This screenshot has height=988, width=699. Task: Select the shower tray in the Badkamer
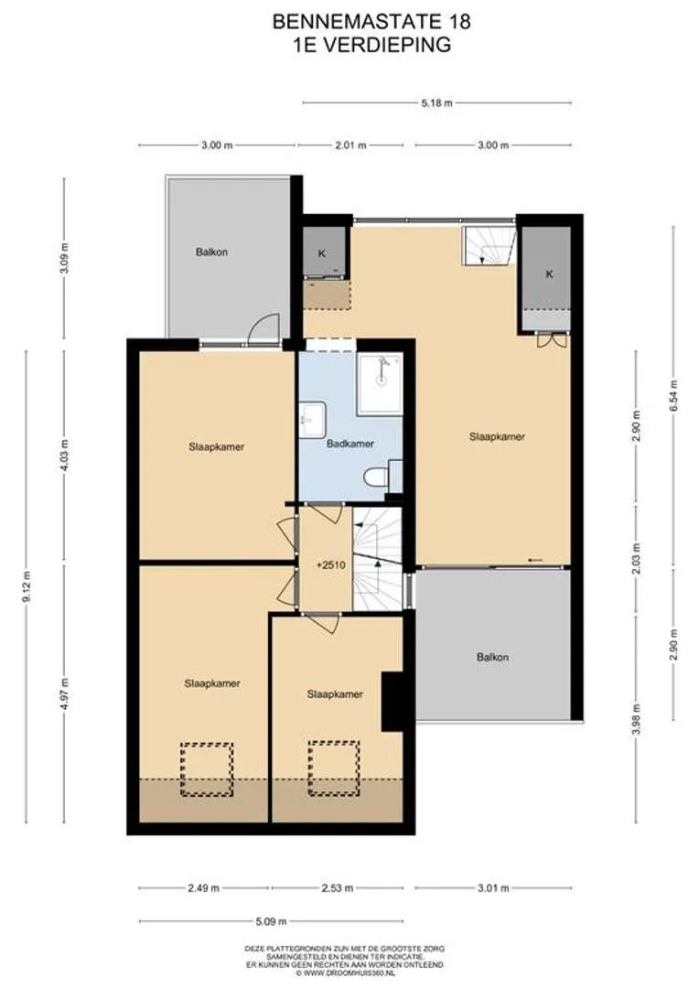pyautogui.click(x=380, y=384)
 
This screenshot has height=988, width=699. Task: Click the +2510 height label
pyautogui.click(x=331, y=565)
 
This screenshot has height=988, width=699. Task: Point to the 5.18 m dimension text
pyautogui.click(x=436, y=102)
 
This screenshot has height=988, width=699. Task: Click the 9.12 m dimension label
pyautogui.click(x=27, y=586)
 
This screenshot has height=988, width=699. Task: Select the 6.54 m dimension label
pyautogui.click(x=673, y=396)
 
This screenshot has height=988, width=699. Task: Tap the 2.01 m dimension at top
pyautogui.click(x=350, y=145)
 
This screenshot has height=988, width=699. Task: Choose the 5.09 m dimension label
pyautogui.click(x=271, y=921)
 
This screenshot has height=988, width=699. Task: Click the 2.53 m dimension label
pyautogui.click(x=337, y=888)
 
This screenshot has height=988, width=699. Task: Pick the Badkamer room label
pyautogui.click(x=350, y=444)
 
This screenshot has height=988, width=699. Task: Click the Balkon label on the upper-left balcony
pyautogui.click(x=211, y=252)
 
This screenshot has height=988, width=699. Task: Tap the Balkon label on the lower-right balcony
pyautogui.click(x=492, y=657)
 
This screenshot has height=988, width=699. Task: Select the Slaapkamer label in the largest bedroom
pyautogui.click(x=498, y=436)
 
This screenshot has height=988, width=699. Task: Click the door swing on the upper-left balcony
pyautogui.click(x=264, y=329)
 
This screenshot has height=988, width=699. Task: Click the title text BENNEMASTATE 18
pyautogui.click(x=371, y=22)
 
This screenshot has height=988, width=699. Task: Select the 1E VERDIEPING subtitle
pyautogui.click(x=371, y=45)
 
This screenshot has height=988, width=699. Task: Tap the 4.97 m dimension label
pyautogui.click(x=64, y=693)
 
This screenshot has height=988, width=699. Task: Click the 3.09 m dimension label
pyautogui.click(x=64, y=258)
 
